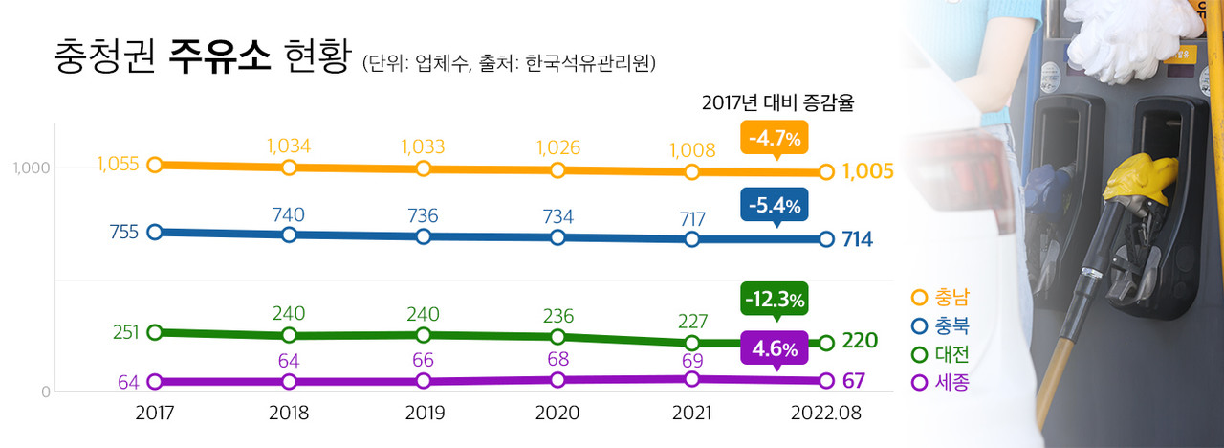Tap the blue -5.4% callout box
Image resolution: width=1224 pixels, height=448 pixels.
pyautogui.click(x=775, y=204)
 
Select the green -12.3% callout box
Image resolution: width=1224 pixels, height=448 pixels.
pyautogui.click(x=775, y=298)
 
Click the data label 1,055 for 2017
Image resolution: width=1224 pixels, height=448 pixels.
pyautogui.click(x=119, y=164)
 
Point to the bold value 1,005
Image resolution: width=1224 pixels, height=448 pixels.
pyautogui.click(x=868, y=171)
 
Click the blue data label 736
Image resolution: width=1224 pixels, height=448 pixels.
pyautogui.click(x=423, y=215)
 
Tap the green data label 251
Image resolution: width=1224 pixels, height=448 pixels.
pyautogui.click(x=125, y=332)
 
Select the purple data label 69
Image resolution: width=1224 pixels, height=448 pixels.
pyautogui.click(x=692, y=360)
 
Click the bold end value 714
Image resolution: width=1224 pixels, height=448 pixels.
pyautogui.click(x=858, y=239)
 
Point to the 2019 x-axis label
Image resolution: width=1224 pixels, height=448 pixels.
pyautogui.click(x=423, y=414)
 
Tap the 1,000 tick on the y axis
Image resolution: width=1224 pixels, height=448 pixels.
pyautogui.click(x=30, y=168)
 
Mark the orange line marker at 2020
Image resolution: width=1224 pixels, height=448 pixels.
pyautogui.click(x=557, y=170)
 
